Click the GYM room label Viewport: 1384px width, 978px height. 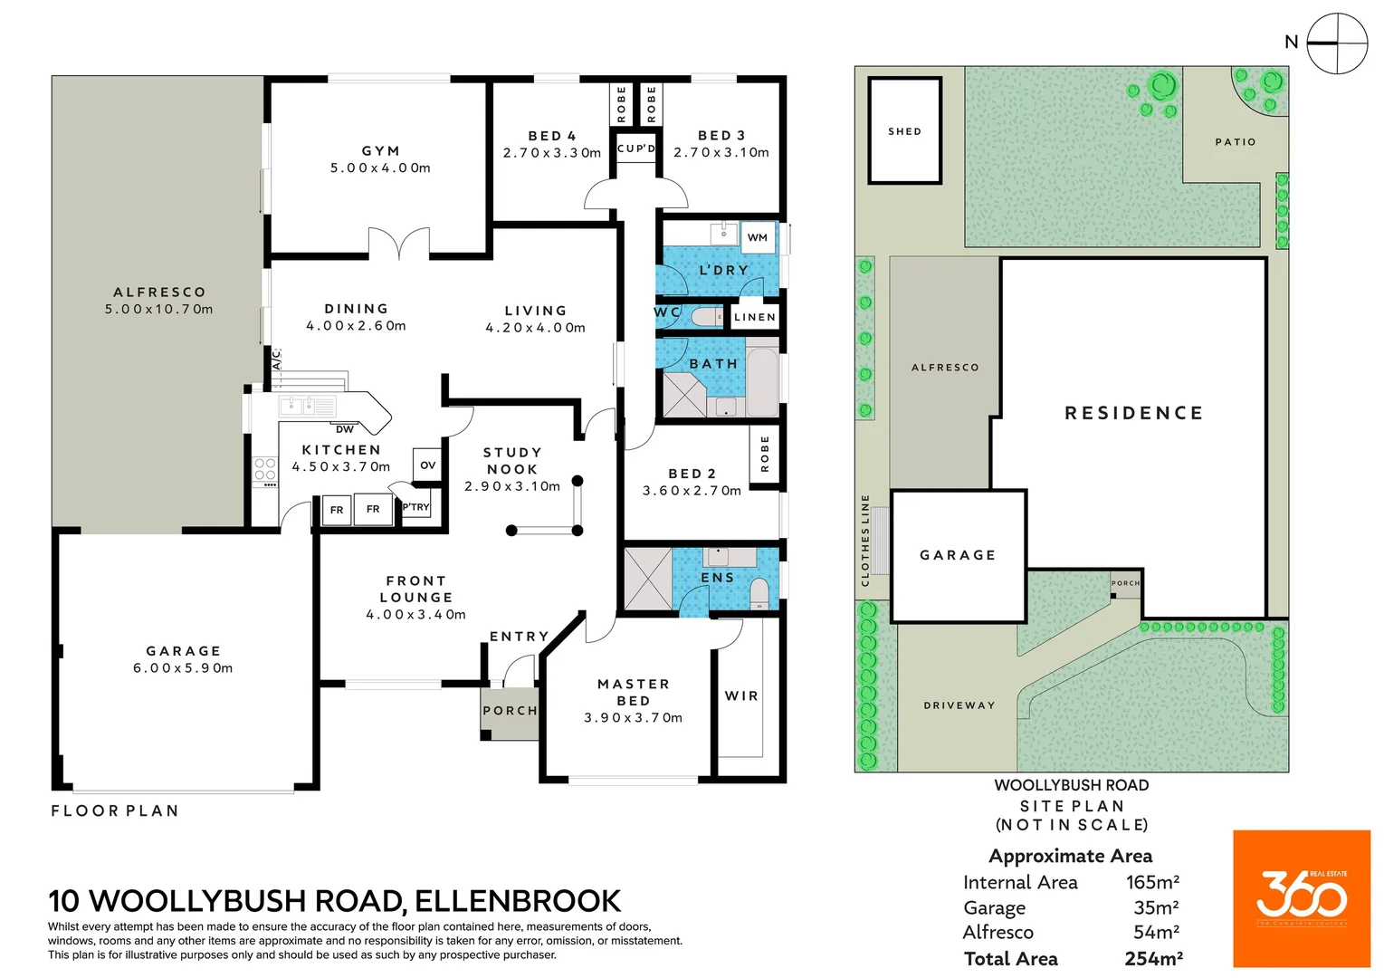(x=380, y=151)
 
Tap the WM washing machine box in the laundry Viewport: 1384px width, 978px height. (x=758, y=237)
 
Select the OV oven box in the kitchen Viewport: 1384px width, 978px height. (x=427, y=465)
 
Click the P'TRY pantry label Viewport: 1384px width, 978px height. (x=416, y=507)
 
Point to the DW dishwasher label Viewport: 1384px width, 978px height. (x=345, y=429)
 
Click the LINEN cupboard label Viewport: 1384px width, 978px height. (x=755, y=317)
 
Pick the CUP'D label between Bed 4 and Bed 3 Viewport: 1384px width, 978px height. (x=636, y=149)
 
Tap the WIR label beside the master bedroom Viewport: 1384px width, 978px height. (x=741, y=695)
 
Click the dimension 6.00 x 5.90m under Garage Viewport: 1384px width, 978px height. (x=183, y=668)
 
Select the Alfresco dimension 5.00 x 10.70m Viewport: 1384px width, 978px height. (x=159, y=309)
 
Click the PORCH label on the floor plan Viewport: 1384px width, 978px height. (x=510, y=711)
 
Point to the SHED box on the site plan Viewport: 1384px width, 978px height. (x=905, y=131)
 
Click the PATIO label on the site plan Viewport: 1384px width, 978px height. (x=1236, y=142)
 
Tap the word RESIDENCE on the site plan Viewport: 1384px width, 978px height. (x=1134, y=413)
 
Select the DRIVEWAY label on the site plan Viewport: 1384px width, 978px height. (x=959, y=705)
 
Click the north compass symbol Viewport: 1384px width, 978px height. (x=1337, y=43)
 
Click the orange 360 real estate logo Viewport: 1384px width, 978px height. (x=1302, y=898)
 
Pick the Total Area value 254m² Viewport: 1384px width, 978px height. (x=1154, y=958)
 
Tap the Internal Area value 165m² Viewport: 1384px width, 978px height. (x=1152, y=882)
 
